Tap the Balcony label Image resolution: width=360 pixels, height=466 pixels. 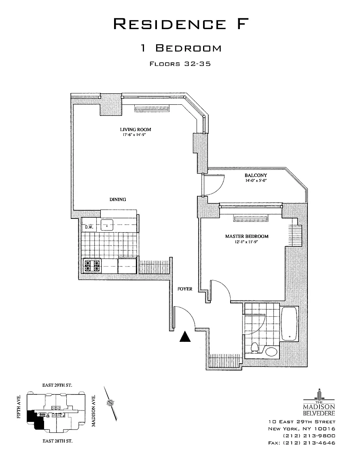[256, 175]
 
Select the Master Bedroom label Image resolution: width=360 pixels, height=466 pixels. [246, 236]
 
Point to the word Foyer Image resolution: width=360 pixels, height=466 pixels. [185, 289]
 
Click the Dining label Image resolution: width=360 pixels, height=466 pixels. [118, 199]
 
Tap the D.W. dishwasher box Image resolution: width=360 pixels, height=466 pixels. [89, 227]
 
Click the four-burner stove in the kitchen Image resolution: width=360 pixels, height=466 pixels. [92, 266]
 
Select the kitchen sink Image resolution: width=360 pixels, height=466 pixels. [107, 225]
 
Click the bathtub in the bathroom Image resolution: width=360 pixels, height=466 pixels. [289, 324]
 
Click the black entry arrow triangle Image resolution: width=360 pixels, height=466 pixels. [185, 337]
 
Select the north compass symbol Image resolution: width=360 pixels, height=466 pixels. [110, 402]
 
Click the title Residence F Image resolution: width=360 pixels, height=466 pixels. [180, 24]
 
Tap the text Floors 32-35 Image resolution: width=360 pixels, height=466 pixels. [180, 64]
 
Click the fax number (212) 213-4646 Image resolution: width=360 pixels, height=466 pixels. [301, 443]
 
